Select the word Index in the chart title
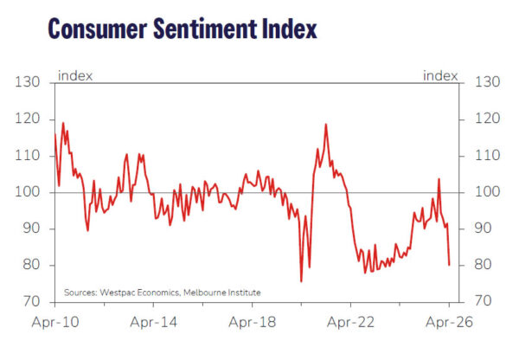(x=289, y=29)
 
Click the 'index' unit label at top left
(x=74, y=75)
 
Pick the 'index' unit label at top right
(x=440, y=75)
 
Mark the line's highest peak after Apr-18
(x=325, y=124)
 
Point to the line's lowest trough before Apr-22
(x=301, y=281)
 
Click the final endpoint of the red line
(x=449, y=265)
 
